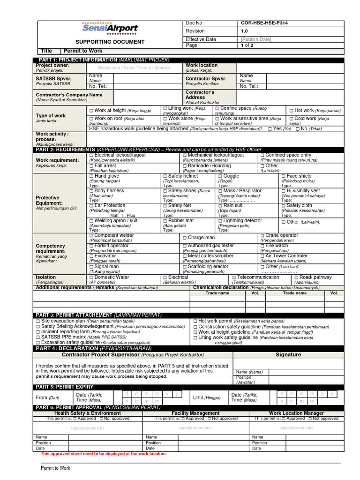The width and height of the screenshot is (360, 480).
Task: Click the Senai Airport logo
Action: pos(110,29)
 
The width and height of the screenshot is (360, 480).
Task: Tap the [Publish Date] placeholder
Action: pos(256,39)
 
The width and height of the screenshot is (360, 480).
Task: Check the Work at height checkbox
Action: pos(91,110)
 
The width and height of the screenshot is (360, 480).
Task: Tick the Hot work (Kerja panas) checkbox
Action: pos(291,111)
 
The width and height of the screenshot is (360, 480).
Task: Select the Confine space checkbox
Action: pos(217,108)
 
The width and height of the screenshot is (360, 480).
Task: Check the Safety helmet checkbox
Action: pos(165,176)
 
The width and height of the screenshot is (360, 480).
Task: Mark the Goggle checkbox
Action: pos(220,176)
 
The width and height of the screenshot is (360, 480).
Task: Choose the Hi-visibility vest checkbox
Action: pos(283,191)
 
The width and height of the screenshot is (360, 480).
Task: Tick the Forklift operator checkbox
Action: pos(91,246)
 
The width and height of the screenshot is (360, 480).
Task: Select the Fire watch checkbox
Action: pos(262,246)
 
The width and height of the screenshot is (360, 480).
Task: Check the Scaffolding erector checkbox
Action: pos(185,267)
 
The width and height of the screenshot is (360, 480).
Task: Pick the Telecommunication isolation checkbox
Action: pos(234,277)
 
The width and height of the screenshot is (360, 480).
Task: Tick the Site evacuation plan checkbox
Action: pos(38,321)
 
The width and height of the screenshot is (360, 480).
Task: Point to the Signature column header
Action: pos(288,355)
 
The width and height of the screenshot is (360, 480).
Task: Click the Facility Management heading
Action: pos(196,413)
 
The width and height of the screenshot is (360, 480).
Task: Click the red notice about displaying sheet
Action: pos(104,454)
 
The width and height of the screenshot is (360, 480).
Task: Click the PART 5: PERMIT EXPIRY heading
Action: pos(65,387)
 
